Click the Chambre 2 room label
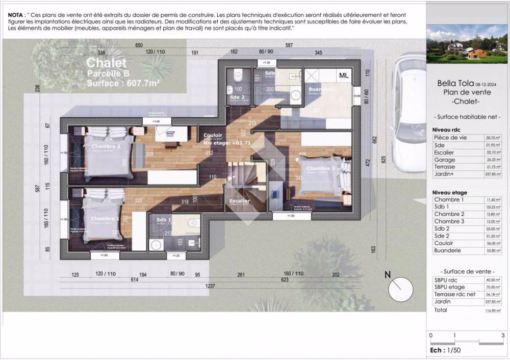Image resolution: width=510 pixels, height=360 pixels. click(106, 147)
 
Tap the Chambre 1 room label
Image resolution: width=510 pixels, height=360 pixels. click(105, 219)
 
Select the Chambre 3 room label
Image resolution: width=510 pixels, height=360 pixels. click(321, 169)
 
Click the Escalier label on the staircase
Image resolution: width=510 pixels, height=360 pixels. click(240, 201)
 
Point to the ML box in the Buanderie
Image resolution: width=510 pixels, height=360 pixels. click(344, 75)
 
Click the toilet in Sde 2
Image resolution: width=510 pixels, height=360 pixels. click(237, 76)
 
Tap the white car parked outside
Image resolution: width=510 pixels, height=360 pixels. click(411, 104)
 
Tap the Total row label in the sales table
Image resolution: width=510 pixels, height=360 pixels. click(441, 310)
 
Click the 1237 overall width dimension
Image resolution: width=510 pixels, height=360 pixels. click(210, 286)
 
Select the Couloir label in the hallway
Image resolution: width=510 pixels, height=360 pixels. click(213, 136)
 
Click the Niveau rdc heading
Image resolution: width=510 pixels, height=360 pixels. click(446, 131)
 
